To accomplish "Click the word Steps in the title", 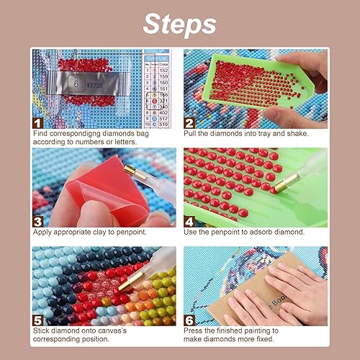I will click(179, 24).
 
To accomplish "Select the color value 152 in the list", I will click(163, 69).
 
